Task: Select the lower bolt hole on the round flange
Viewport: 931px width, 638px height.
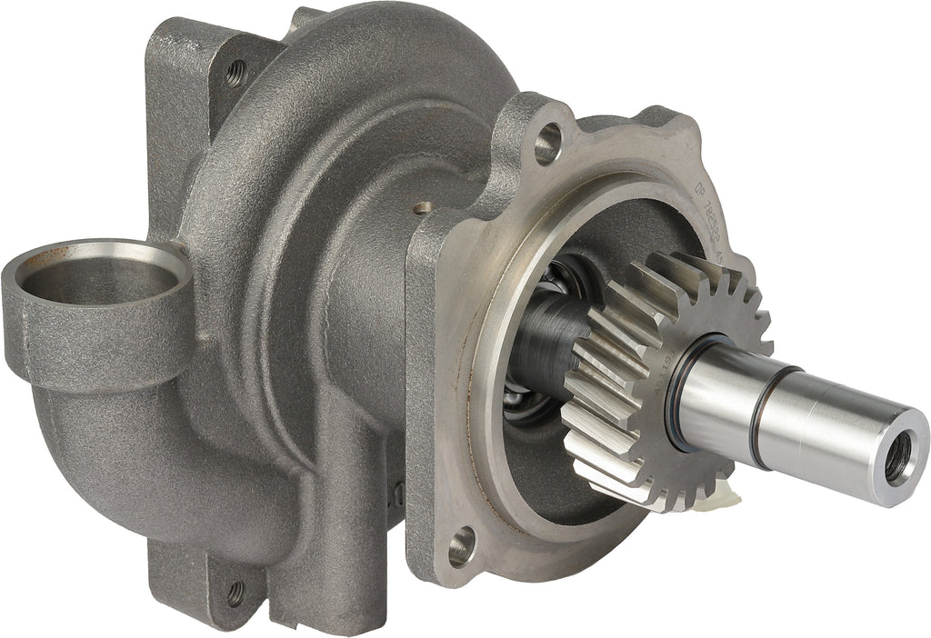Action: (x=461, y=546)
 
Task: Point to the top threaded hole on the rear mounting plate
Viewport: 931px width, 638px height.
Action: (x=235, y=72)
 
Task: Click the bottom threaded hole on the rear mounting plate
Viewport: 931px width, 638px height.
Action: (x=235, y=593)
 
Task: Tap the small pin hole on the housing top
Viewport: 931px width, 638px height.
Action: (x=419, y=208)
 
